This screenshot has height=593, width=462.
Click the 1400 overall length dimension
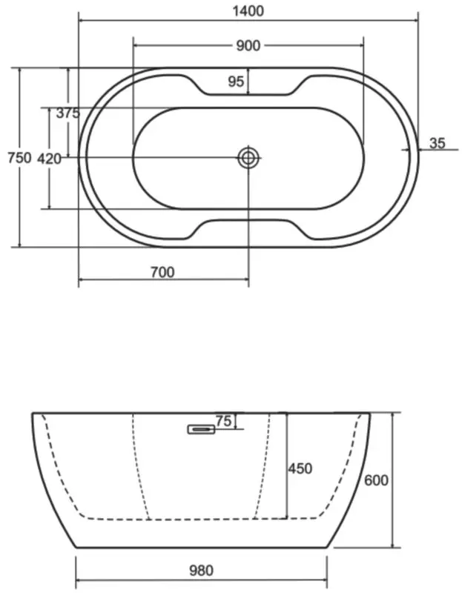coord(248,11)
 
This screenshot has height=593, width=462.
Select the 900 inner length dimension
coord(248,46)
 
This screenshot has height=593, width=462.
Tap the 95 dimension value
coord(236,82)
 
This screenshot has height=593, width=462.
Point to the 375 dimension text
coord(68,113)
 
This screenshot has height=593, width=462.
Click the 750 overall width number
coord(19,157)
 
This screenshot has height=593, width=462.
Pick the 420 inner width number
coord(49,159)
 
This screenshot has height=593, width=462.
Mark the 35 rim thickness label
coord(438,143)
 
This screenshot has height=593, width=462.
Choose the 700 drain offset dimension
coord(162,272)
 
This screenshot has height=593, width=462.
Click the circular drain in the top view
coord(248,157)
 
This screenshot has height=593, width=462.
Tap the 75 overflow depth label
coord(223,420)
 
